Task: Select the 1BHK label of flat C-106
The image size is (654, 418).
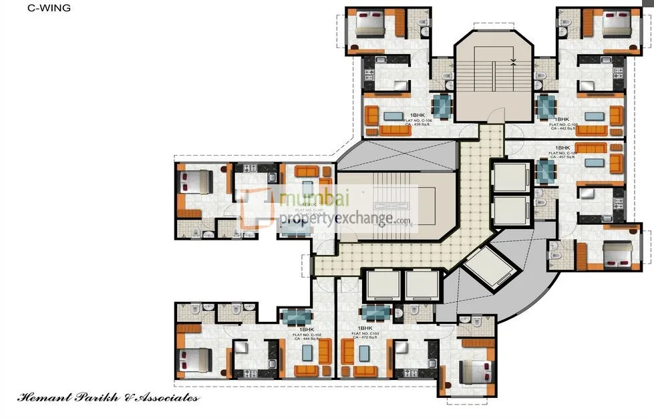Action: pyautogui.click(x=418, y=115)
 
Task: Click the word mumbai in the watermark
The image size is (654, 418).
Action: pyautogui.click(x=314, y=199)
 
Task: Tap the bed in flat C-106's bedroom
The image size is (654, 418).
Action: pyautogui.click(x=369, y=25)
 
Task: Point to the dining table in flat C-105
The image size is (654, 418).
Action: pyautogui.click(x=546, y=106)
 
